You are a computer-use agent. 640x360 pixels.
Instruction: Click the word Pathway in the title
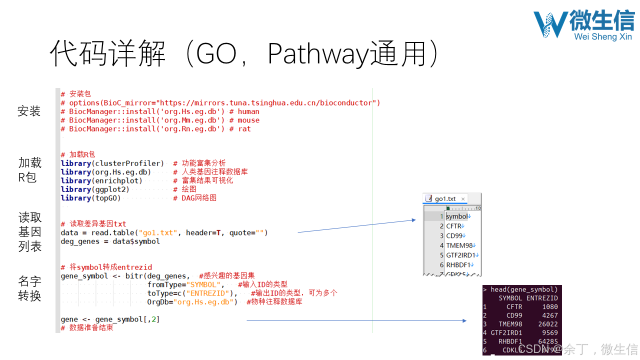point(318,54)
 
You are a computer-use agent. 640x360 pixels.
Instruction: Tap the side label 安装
point(29,111)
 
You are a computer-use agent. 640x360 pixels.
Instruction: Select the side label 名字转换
point(29,288)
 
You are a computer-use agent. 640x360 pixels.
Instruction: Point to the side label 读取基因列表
point(30,232)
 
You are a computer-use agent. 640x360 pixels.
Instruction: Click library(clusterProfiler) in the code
point(112,163)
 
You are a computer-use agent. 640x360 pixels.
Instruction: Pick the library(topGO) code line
point(90,198)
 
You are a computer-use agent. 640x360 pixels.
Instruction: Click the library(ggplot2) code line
point(95,189)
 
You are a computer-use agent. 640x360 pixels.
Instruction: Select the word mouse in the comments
point(248,120)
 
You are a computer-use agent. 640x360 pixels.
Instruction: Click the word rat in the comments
point(244,129)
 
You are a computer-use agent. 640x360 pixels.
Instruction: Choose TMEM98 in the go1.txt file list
point(459,245)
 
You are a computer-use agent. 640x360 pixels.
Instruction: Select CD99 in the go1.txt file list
point(454,235)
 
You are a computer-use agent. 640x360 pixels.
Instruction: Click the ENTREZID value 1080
point(550,307)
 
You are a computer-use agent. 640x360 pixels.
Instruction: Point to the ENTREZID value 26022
point(547,324)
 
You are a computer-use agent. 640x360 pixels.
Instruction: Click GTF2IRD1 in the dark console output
point(506,333)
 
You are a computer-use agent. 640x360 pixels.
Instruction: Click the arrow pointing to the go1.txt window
point(356,226)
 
